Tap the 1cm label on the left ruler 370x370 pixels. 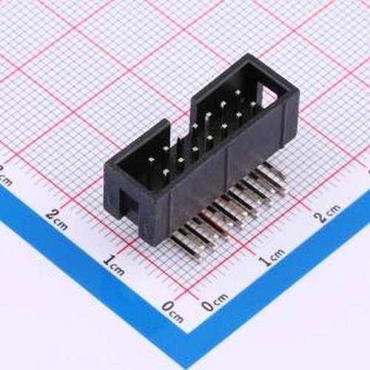112,262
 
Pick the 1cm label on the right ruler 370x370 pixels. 271,257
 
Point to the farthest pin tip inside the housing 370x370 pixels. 238,94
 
